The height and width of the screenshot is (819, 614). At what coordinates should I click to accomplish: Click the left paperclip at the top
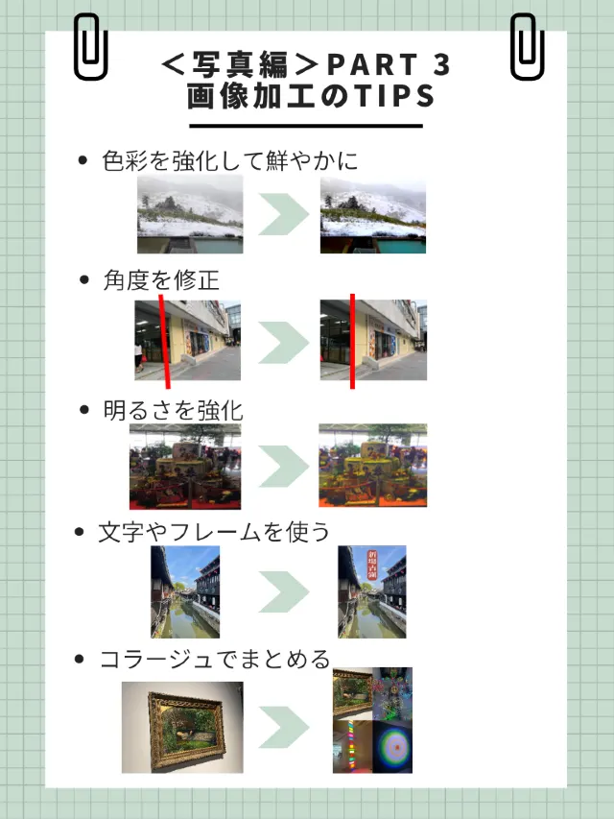point(90,47)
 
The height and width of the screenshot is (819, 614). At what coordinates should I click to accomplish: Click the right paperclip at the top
point(527,47)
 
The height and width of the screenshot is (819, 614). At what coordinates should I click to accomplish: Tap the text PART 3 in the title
point(389,65)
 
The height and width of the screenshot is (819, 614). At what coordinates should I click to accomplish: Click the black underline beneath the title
point(305,125)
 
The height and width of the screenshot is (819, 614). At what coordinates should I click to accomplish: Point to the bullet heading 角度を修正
point(161,279)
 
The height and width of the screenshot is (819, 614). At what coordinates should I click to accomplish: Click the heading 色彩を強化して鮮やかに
point(229,160)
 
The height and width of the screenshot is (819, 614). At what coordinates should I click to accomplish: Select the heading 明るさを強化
point(173,410)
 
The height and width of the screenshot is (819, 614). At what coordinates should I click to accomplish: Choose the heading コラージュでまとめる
point(215,659)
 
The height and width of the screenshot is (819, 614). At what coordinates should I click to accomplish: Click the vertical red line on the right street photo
point(352,341)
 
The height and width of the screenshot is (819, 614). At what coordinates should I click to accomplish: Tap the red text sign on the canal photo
point(374,563)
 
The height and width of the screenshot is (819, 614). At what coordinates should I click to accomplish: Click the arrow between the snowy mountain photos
point(282,214)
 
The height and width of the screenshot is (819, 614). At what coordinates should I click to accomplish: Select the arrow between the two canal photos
point(282,591)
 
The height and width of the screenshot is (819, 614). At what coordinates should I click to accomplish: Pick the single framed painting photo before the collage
point(182,727)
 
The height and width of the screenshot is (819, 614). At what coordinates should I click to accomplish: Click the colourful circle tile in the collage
point(393,747)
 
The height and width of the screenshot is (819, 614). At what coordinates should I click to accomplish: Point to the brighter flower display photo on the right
point(372,466)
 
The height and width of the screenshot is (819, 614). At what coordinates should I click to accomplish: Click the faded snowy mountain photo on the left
point(190,214)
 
